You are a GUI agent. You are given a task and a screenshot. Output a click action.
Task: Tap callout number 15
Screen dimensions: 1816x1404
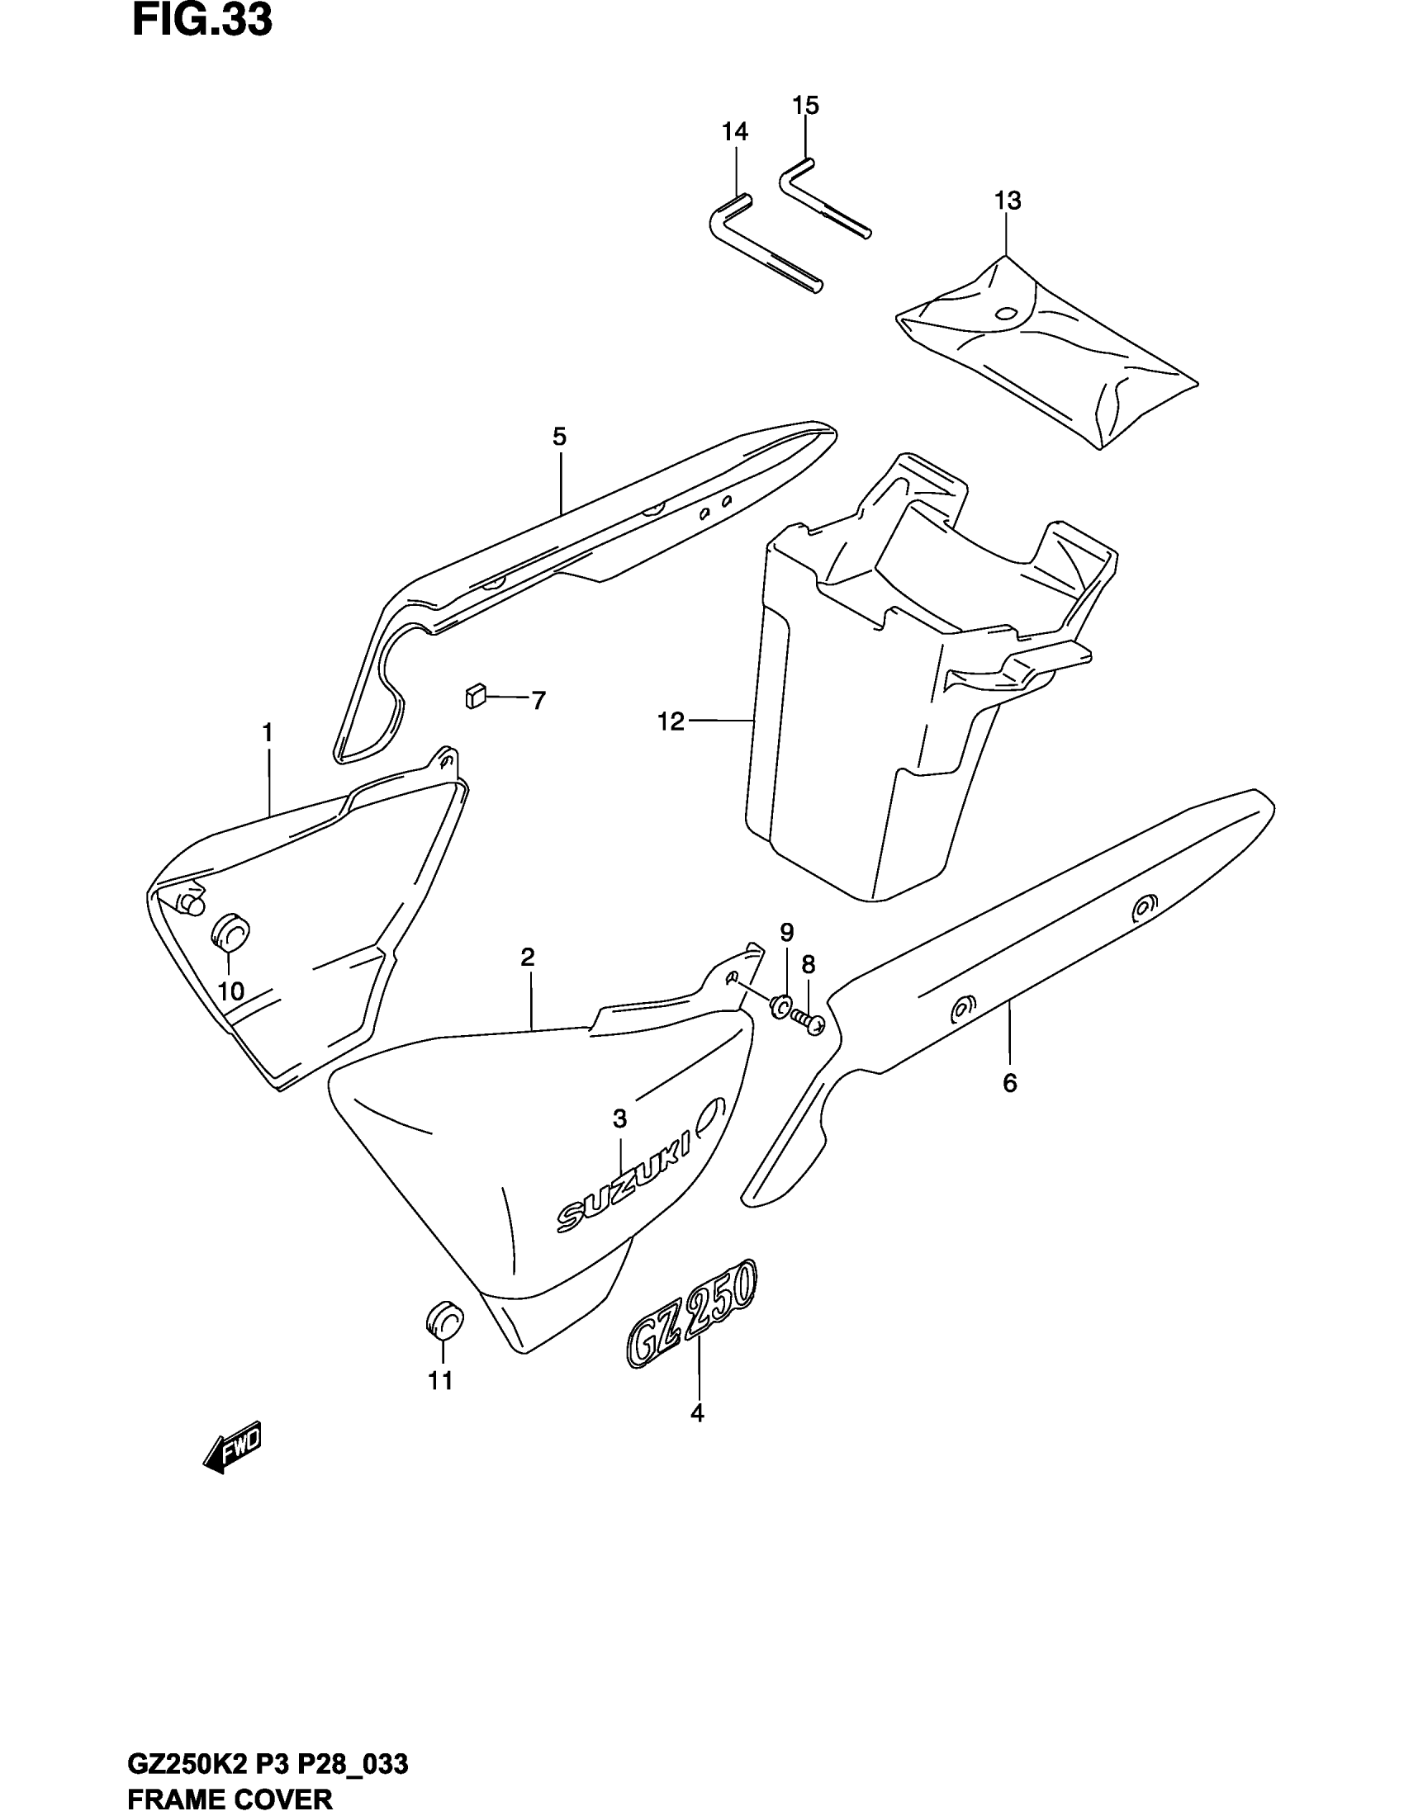pyautogui.click(x=805, y=106)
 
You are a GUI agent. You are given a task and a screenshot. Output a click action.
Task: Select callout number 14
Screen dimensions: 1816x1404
pyautogui.click(x=734, y=131)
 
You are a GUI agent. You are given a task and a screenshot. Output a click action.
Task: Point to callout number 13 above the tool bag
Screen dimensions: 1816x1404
pyautogui.click(x=1008, y=201)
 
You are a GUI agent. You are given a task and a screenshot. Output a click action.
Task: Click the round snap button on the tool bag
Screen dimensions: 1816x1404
pyautogui.click(x=1006, y=314)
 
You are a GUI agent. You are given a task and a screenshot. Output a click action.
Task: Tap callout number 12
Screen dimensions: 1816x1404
pyautogui.click(x=671, y=721)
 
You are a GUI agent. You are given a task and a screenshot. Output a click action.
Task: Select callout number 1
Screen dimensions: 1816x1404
pyautogui.click(x=268, y=732)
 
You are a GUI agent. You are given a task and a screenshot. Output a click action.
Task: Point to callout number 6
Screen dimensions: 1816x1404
pyautogui.click(x=1010, y=1083)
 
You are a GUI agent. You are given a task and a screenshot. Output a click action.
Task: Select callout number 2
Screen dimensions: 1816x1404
pyautogui.click(x=528, y=957)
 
